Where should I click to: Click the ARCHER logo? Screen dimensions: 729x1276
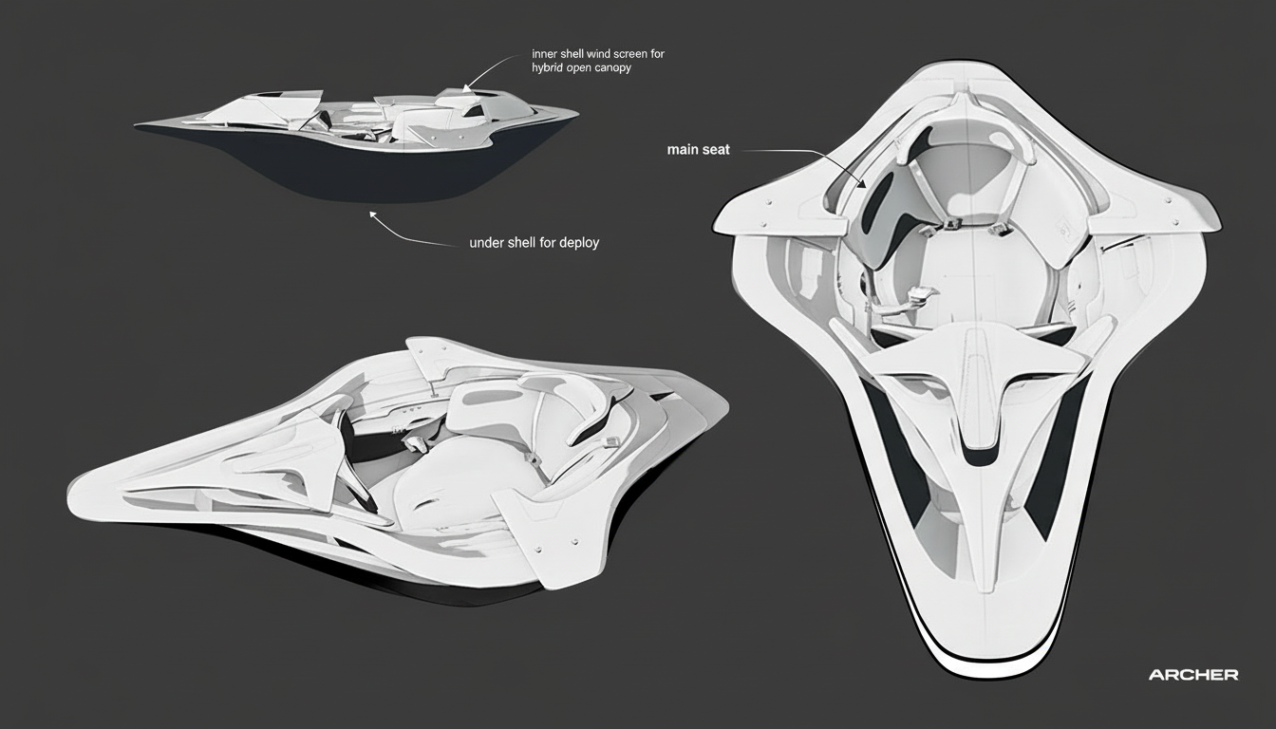pos(1192,675)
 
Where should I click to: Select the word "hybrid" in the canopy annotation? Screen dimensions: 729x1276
pos(549,68)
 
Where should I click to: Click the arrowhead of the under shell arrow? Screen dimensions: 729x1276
pos(372,215)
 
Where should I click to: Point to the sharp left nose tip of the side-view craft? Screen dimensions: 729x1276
pos(139,123)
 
